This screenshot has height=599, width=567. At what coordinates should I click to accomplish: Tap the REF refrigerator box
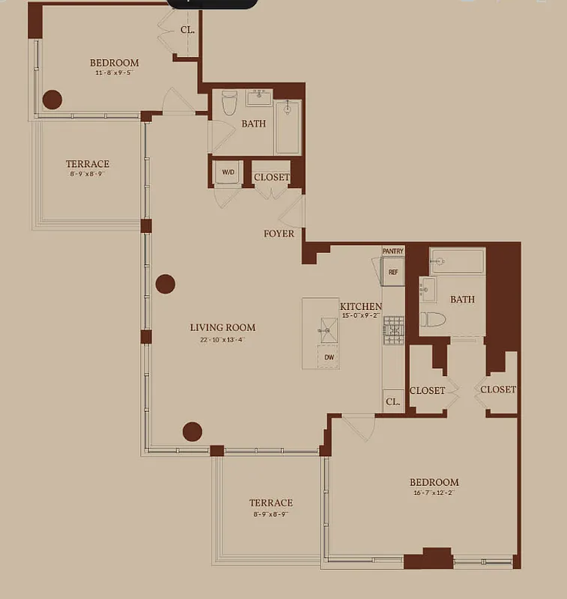(392, 272)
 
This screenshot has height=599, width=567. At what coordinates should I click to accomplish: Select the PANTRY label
(392, 252)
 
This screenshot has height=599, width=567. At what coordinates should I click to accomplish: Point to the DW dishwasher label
(329, 358)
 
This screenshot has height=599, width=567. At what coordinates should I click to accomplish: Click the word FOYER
(279, 234)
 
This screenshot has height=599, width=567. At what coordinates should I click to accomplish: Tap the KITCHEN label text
(360, 306)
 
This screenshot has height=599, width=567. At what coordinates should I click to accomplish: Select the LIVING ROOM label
(222, 327)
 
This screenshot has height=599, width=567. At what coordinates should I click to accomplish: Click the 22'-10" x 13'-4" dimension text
(222, 339)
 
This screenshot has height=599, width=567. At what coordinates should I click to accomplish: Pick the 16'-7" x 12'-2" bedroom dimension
(434, 493)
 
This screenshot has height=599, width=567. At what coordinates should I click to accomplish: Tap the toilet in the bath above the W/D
(229, 102)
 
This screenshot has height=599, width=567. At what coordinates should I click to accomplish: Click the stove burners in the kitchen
(393, 330)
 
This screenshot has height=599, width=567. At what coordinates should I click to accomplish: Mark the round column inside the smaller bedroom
(52, 99)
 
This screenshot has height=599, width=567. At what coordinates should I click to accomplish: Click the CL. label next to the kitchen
(392, 401)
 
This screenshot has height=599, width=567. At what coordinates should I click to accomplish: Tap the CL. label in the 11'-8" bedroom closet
(187, 31)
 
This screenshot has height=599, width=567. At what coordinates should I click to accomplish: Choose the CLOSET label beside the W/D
(272, 177)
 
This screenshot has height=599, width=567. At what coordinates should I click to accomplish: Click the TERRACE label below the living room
(270, 502)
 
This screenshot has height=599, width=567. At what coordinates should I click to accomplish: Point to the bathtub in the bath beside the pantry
(456, 262)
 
